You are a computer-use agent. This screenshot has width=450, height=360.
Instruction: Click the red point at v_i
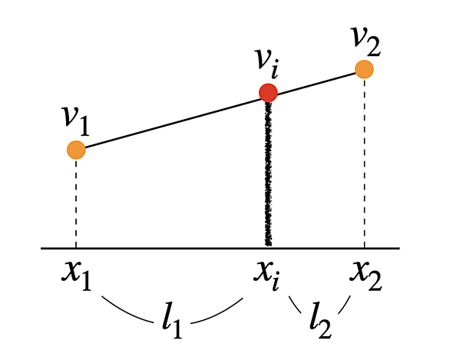268,93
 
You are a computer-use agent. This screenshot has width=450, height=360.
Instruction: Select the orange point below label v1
76,150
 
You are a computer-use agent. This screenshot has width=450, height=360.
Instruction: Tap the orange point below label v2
364,69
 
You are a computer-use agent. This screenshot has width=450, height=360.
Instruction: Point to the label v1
76,121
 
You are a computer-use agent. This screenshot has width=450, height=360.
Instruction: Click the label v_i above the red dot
267,64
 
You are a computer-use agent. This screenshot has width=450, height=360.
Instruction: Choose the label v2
366,42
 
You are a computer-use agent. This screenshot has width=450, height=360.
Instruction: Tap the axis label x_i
267,275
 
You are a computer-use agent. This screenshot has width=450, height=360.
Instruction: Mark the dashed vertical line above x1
76,203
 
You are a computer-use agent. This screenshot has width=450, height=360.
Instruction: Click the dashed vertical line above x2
365,163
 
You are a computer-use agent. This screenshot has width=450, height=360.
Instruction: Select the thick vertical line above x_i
268,173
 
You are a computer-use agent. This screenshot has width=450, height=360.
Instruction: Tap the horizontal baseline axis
220,248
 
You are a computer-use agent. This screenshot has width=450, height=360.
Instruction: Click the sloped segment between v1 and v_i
172,124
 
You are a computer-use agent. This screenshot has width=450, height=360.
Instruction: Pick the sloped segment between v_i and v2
316,83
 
